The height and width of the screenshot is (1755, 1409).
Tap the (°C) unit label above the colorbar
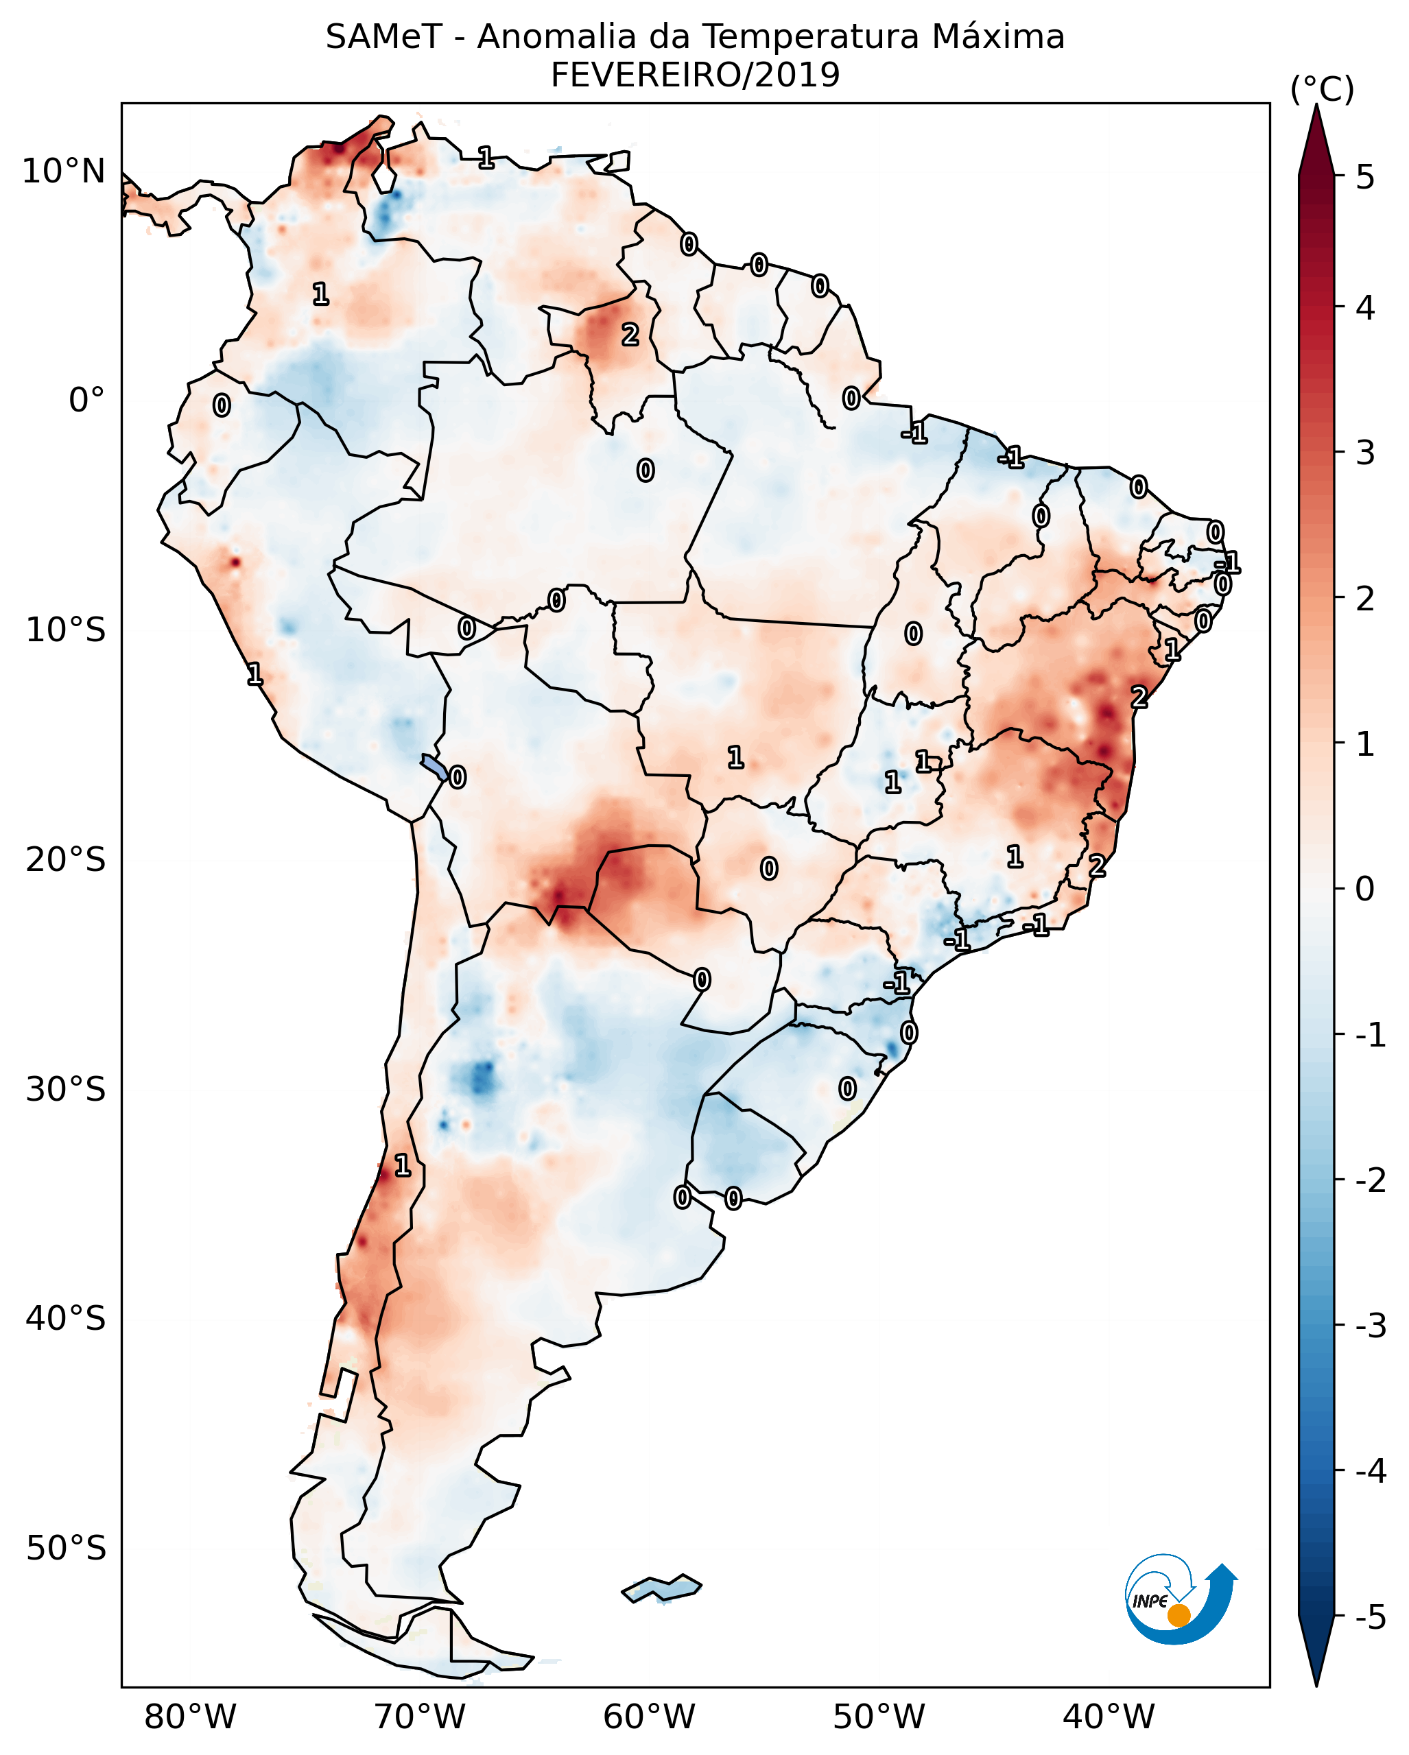pyautogui.click(x=1322, y=90)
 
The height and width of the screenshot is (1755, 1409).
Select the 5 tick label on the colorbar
pyautogui.click(x=1365, y=177)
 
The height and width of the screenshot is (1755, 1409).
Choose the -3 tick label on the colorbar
pyautogui.click(x=1370, y=1326)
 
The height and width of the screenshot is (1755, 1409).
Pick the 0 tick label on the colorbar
pyautogui.click(x=1365, y=888)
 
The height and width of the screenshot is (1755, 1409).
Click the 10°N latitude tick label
pyautogui.click(x=64, y=171)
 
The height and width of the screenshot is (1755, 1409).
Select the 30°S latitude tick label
pyautogui.click(x=66, y=1089)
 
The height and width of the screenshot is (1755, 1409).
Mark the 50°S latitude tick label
pyautogui.click(x=66, y=1549)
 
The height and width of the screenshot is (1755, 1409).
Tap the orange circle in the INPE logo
pyautogui.click(x=1179, y=1615)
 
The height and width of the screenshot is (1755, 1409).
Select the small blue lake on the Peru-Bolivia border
pyautogui.click(x=434, y=766)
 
